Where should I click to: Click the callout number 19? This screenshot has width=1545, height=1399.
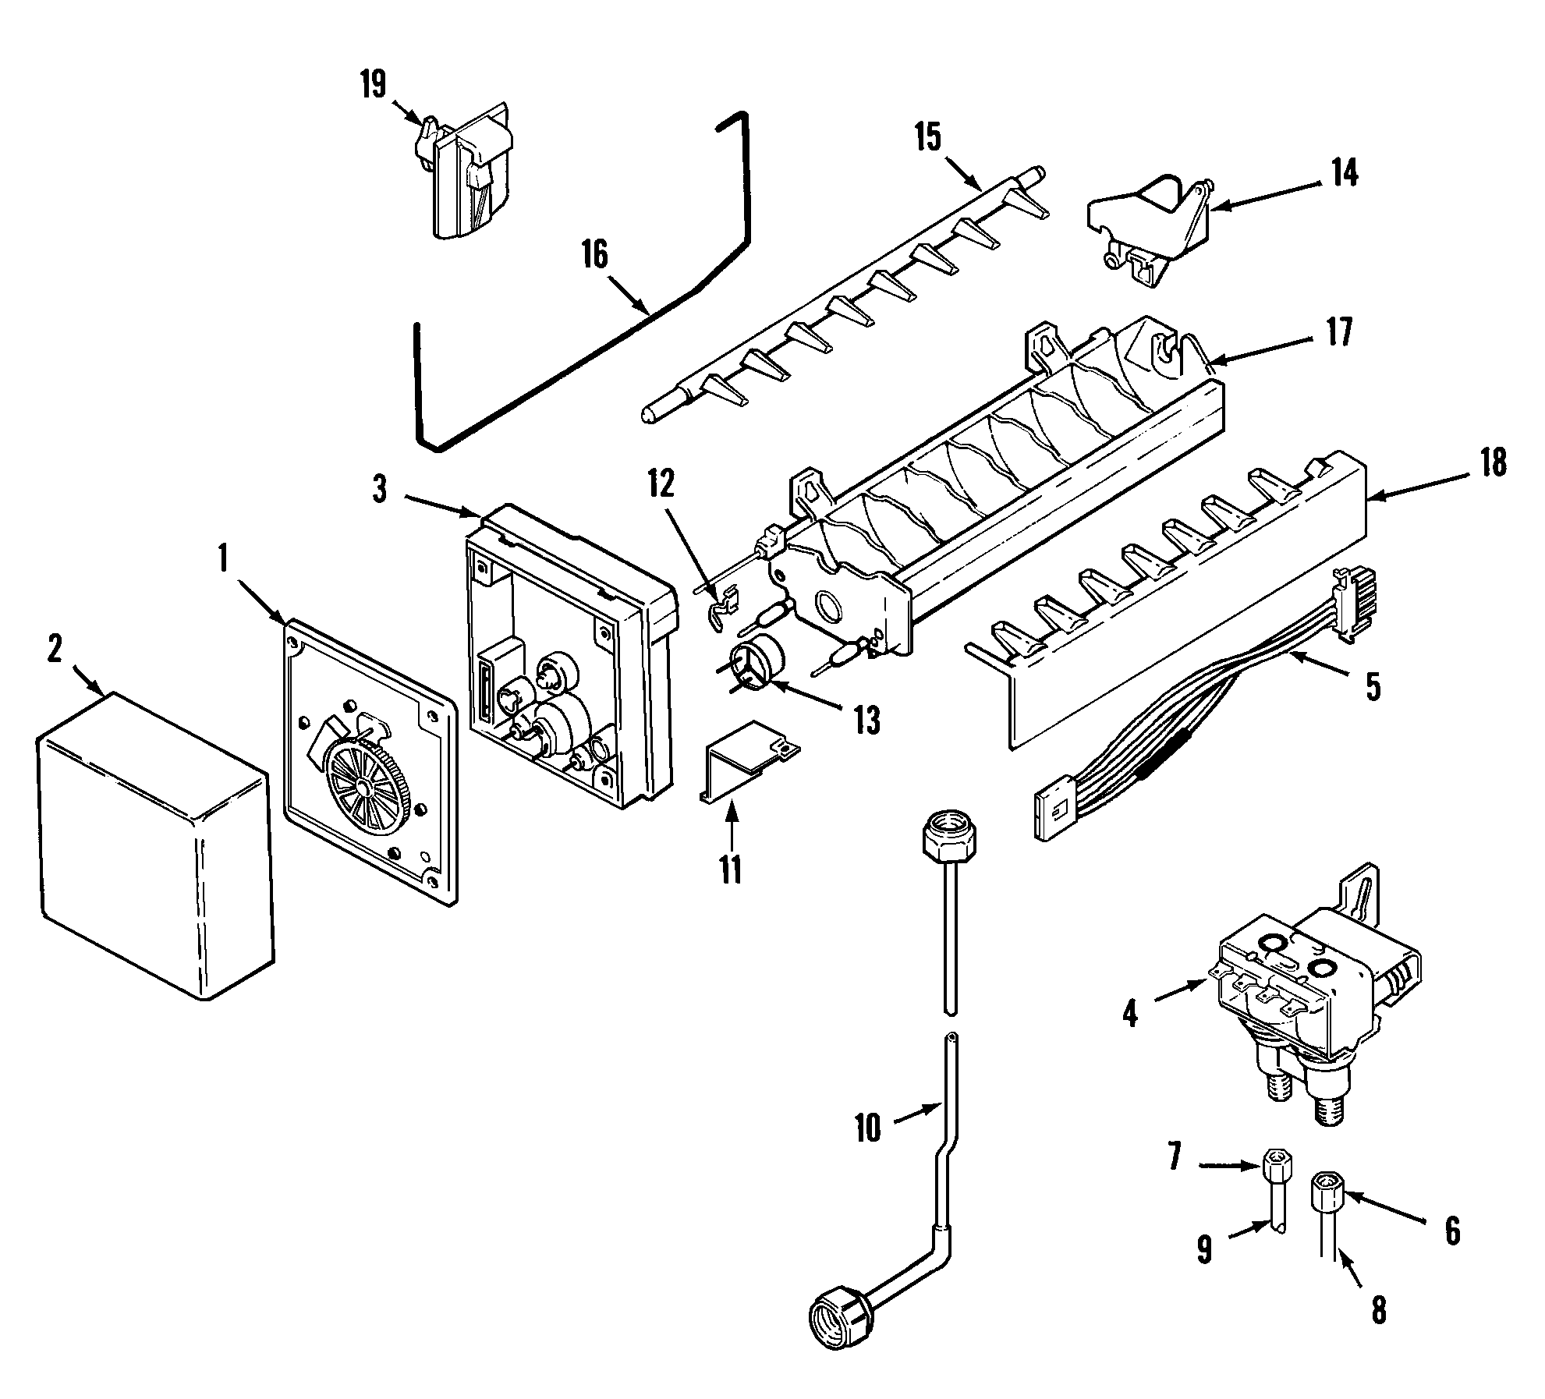point(374,84)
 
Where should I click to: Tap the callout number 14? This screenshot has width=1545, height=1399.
point(1344,173)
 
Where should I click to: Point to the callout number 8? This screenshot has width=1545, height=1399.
point(1379,1309)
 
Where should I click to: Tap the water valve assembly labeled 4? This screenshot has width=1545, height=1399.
point(1318,998)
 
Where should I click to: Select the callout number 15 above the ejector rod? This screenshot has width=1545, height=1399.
point(927,138)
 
